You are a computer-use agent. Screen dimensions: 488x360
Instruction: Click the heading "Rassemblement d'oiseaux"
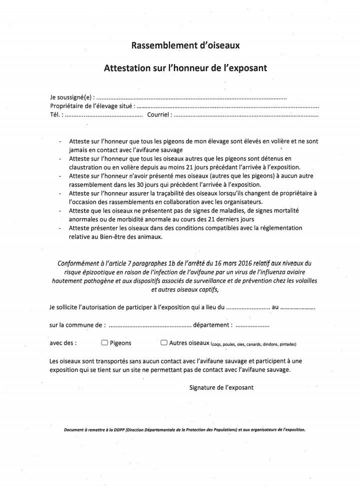pyautogui.click(x=185, y=46)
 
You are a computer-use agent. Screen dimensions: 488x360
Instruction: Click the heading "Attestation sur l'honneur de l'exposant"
pyautogui.click(x=185, y=67)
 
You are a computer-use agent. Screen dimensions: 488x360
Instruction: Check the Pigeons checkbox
pyautogui.click(x=104, y=343)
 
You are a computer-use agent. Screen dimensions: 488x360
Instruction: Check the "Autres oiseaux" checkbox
pyautogui.click(x=163, y=343)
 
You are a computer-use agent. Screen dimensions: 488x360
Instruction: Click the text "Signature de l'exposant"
pyautogui.click(x=221, y=387)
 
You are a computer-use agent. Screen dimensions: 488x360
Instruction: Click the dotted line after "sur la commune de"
pyautogui.click(x=149, y=326)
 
